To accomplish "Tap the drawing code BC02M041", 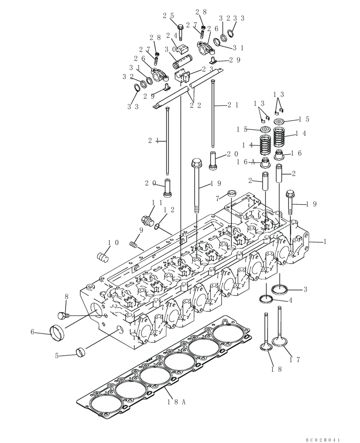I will tap(323, 439).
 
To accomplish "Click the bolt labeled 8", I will tap(63, 315).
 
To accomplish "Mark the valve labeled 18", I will tap(266, 332).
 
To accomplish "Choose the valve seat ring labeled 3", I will tap(280, 290).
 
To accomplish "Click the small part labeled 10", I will tap(103, 256).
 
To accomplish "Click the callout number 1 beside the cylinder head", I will tap(325, 242).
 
